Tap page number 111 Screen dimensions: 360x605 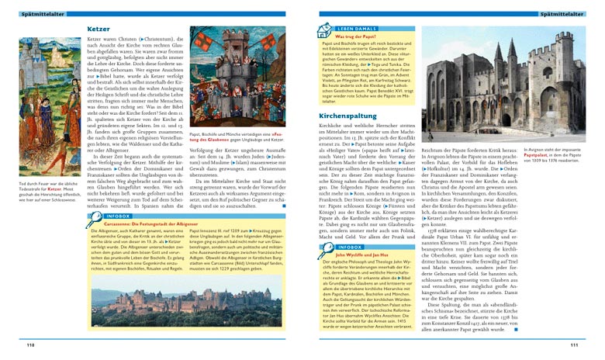coord(573,345)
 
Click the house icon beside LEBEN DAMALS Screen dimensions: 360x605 coord(324,30)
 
